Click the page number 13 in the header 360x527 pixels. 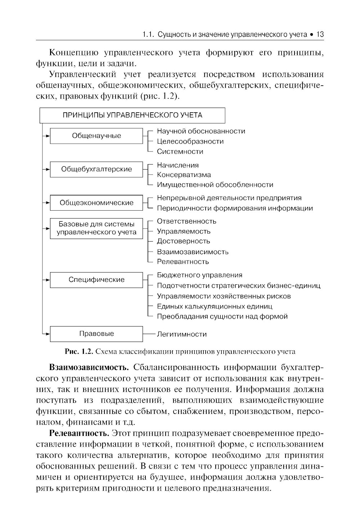(320, 35)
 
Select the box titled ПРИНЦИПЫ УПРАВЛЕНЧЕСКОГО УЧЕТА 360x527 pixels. (132, 115)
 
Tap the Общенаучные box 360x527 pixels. (96, 136)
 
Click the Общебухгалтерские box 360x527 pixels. (96, 169)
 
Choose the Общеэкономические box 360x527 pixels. (96, 203)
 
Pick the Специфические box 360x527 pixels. (96, 280)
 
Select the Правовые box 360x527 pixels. (96, 334)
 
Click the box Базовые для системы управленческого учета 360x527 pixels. (96, 228)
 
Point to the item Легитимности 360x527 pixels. (182, 334)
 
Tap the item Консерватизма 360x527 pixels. (184, 175)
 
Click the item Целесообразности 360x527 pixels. (190, 141)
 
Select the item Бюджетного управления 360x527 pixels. (199, 275)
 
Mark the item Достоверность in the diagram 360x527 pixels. (183, 241)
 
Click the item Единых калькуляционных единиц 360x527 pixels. (215, 306)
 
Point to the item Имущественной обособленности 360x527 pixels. (215, 185)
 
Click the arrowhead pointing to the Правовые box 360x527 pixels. (47, 334)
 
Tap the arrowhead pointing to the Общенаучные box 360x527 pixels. (47, 136)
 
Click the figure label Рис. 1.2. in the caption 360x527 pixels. (79, 351)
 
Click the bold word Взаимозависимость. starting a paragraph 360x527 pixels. (89, 368)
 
